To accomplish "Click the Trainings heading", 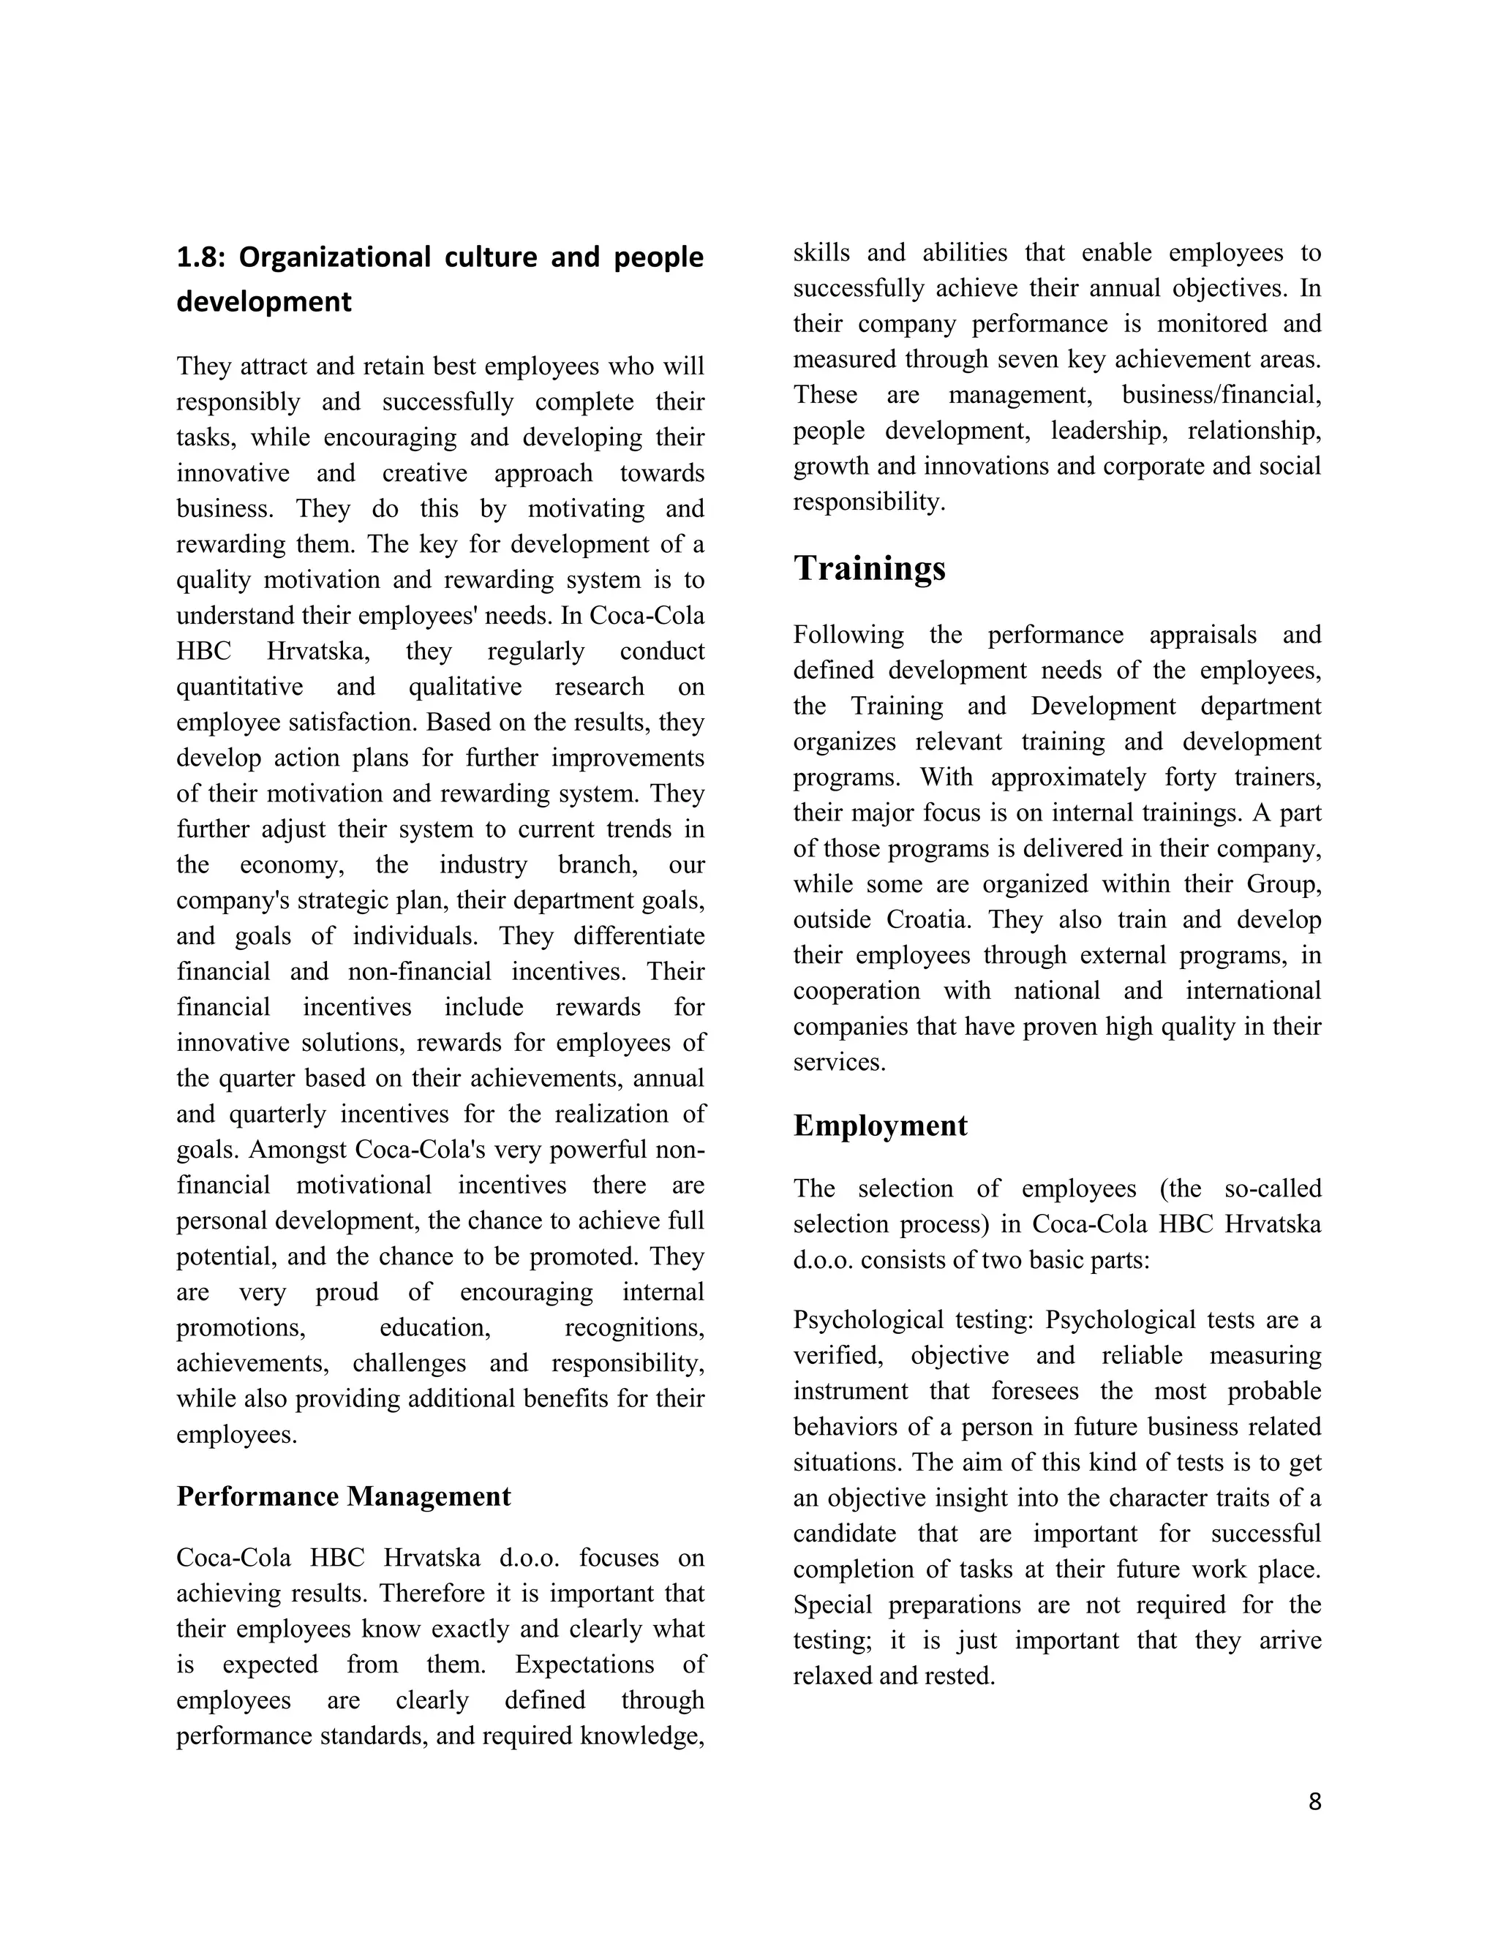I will tap(869, 568).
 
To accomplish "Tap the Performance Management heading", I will tap(344, 1496).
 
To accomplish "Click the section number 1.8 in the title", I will tap(200, 257).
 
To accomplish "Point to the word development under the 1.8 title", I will tap(263, 302).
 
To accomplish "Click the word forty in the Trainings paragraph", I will tap(1190, 777).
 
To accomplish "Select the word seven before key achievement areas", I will tap(1023, 359).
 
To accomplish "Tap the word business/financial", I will tap(1221, 395).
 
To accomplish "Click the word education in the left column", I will tap(435, 1327).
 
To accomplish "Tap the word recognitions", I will tap(634, 1327).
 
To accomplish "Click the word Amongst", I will tap(297, 1149).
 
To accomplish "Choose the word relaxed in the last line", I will tap(833, 1676).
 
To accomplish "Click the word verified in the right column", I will tap(839, 1356).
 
